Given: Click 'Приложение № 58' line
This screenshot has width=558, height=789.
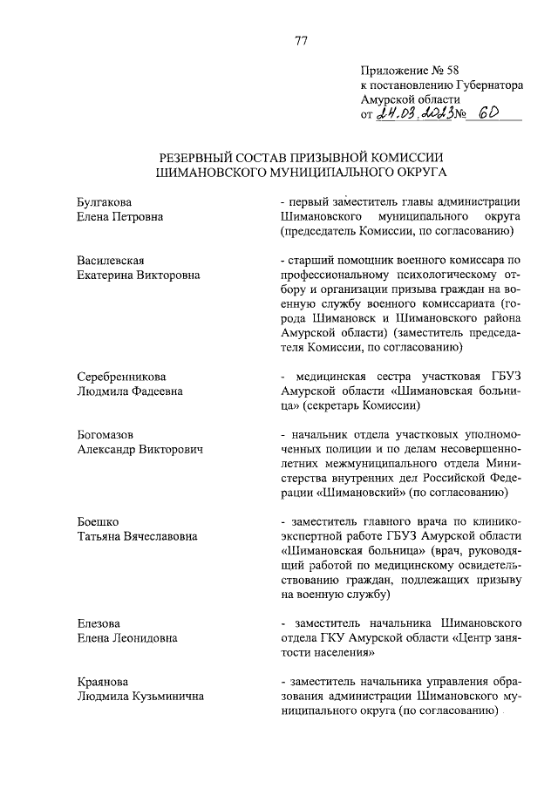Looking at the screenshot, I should tap(409, 71).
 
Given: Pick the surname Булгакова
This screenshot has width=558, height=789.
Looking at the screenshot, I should tap(104, 201).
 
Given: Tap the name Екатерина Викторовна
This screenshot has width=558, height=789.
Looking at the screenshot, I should tap(138, 275).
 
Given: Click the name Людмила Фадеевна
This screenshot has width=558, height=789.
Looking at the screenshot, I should tap(129, 391).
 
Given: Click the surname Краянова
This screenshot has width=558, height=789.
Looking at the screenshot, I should tap(101, 681).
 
